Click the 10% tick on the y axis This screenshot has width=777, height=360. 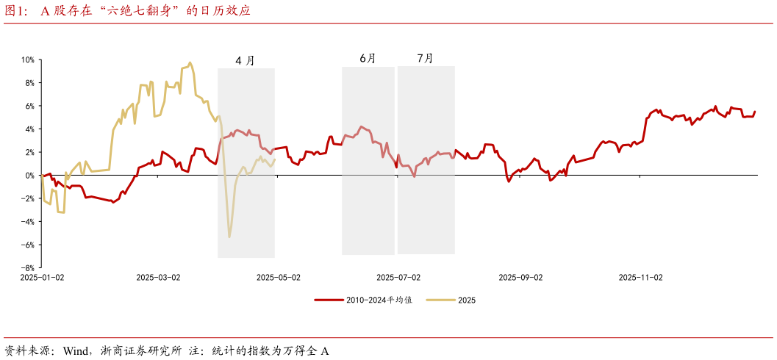[27, 60]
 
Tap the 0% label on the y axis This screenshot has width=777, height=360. [29, 175]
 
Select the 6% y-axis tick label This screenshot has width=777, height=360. [29, 106]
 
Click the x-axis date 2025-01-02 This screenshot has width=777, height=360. [42, 278]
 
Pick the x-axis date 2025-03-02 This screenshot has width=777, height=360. [158, 278]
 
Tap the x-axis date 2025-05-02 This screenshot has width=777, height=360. [278, 278]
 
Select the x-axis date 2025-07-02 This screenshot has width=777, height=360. [398, 278]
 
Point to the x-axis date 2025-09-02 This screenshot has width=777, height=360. [520, 278]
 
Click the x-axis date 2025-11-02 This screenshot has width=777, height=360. [640, 278]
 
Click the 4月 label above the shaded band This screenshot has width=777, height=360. [245, 61]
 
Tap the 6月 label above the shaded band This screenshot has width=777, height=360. [368, 58]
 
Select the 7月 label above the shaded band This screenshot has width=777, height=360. [425, 58]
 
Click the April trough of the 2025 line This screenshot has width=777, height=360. [229, 237]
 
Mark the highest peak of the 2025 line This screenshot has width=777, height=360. [190, 63]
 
